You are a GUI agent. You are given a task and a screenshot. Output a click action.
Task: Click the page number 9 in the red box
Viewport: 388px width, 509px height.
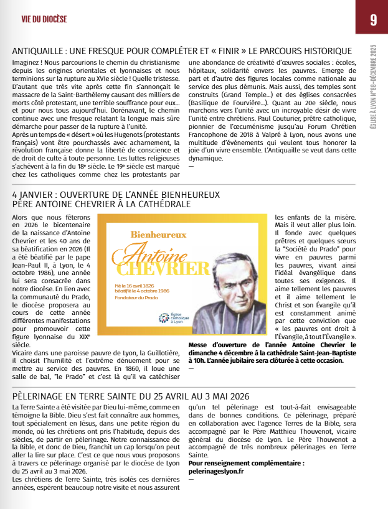point(372,19)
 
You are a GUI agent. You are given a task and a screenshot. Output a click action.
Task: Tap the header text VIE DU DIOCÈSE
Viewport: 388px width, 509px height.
point(44,19)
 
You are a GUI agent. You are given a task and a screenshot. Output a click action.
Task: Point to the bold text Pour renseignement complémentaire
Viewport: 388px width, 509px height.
point(246,464)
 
